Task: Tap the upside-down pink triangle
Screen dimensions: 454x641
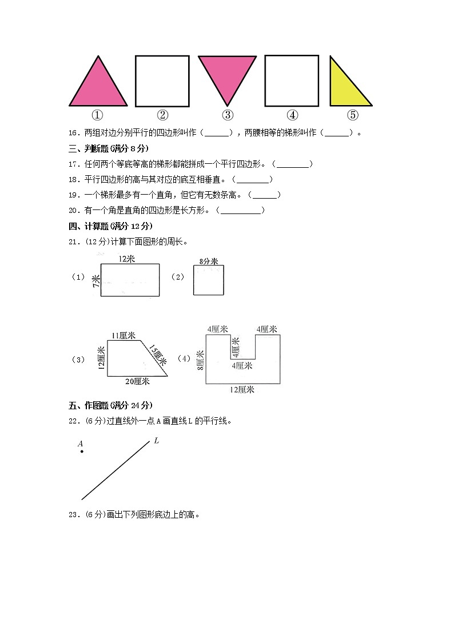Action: (227, 75)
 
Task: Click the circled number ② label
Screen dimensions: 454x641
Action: (162, 115)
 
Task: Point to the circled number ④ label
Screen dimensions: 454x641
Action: (292, 115)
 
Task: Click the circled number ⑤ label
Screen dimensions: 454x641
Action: (352, 115)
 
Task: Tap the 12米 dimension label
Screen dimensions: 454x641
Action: (127, 259)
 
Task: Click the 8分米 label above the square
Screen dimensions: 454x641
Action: (209, 261)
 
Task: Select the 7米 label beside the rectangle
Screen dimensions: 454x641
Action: (96, 281)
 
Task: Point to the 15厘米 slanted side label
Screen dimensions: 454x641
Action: (158, 355)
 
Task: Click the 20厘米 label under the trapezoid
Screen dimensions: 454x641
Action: (137, 381)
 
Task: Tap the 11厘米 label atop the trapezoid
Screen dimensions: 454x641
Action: (124, 336)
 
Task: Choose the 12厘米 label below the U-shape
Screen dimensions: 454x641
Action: (242, 390)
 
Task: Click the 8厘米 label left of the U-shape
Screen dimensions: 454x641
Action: (200, 360)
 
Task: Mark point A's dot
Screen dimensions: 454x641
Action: (82, 451)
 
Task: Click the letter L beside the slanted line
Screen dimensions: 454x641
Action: (156, 440)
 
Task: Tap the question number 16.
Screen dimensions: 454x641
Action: (74, 133)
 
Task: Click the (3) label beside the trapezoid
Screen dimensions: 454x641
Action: (78, 360)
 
